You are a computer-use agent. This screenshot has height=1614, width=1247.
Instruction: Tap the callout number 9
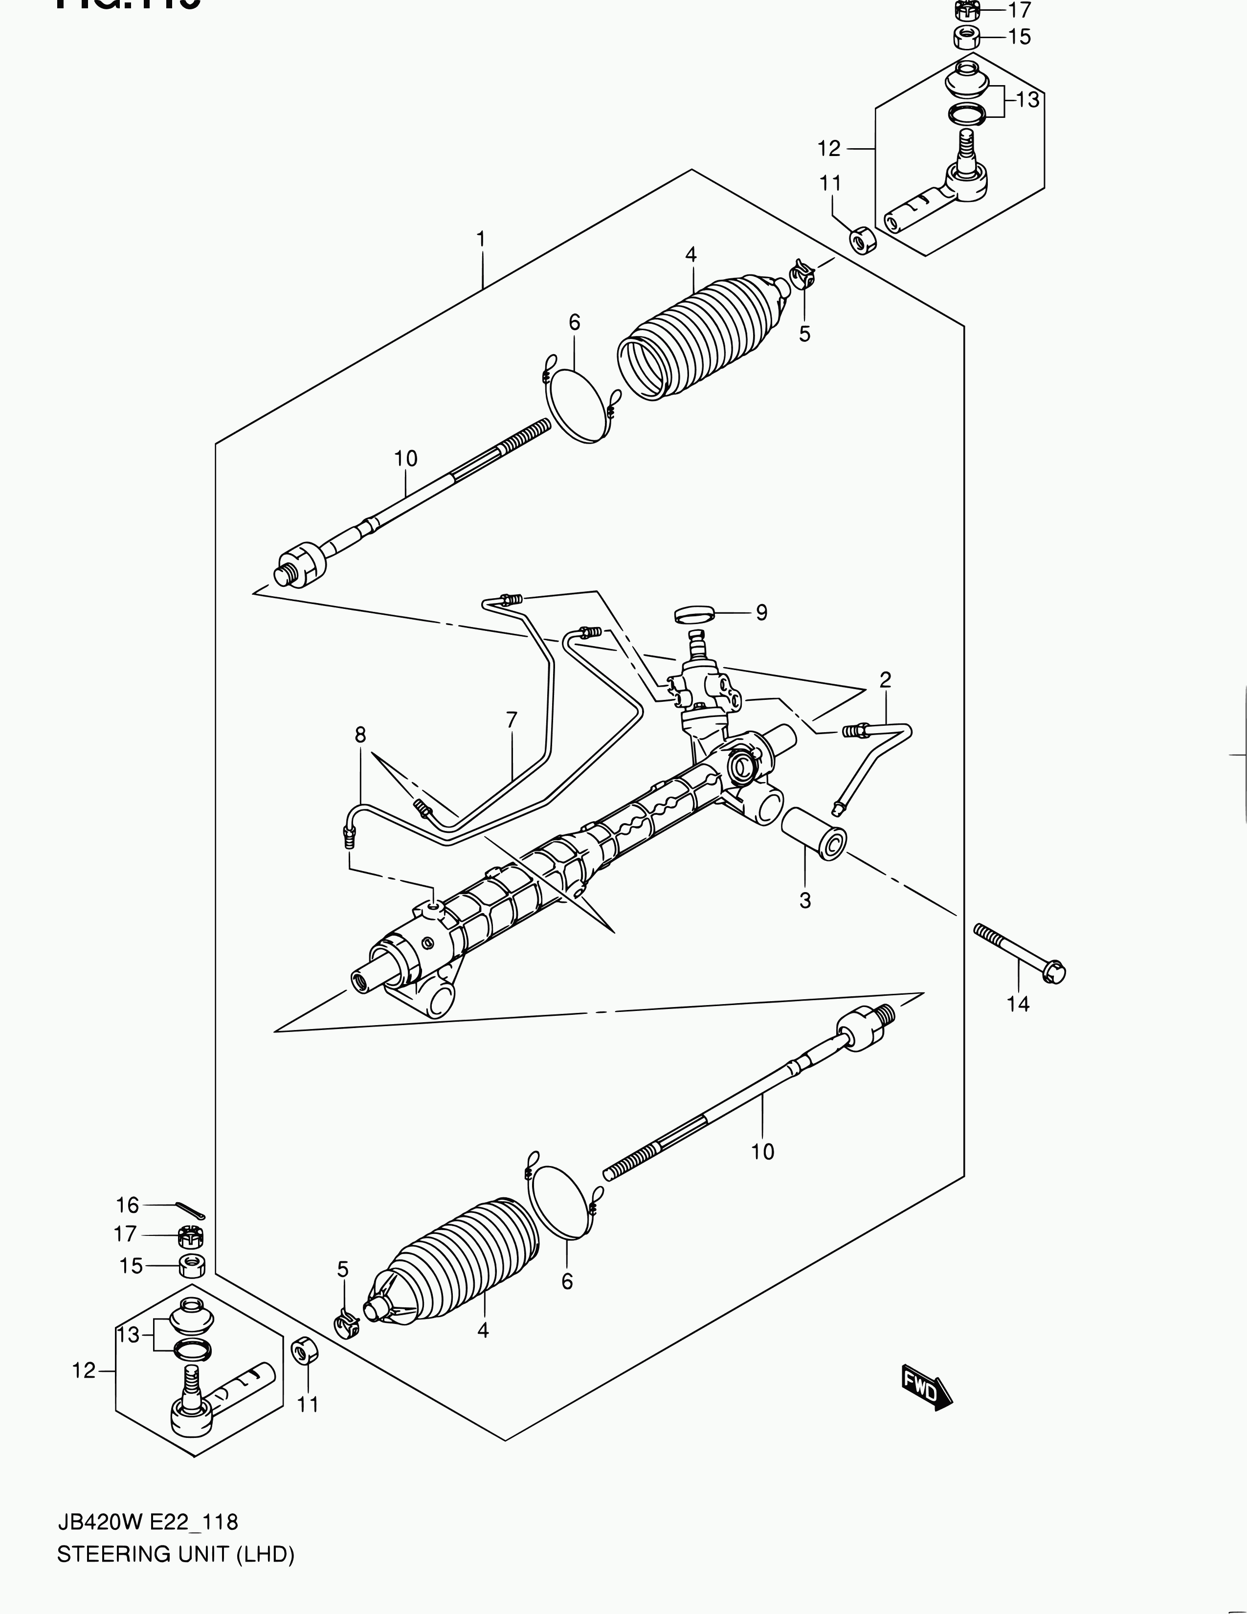point(761,613)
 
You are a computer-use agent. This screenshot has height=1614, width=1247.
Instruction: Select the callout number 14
point(1018,1004)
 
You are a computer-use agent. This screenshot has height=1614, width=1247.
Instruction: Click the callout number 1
point(481,240)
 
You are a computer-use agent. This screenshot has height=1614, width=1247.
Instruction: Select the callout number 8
point(360,735)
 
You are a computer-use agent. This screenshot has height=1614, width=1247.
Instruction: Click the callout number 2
point(885,679)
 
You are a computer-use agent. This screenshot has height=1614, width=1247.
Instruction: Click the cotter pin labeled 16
point(191,1210)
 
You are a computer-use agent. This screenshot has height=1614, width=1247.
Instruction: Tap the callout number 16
point(127,1205)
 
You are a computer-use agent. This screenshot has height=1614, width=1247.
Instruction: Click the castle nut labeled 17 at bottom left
point(191,1235)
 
